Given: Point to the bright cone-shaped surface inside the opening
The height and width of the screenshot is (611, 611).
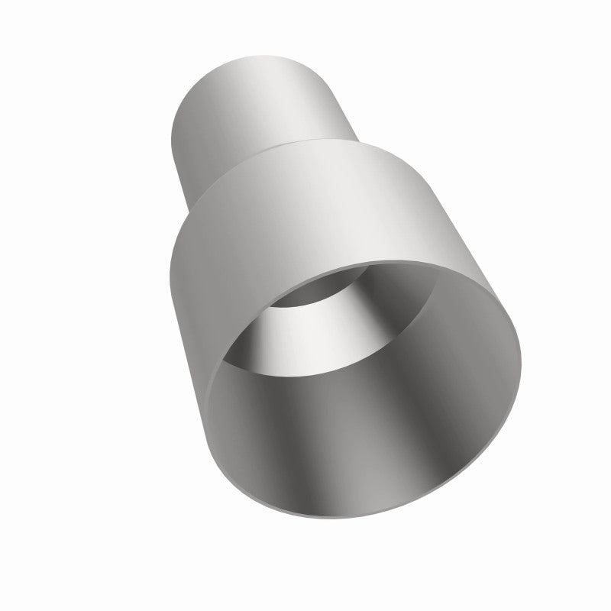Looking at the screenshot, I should tap(305, 336).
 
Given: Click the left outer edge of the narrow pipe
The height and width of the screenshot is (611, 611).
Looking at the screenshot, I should tap(175, 130).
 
